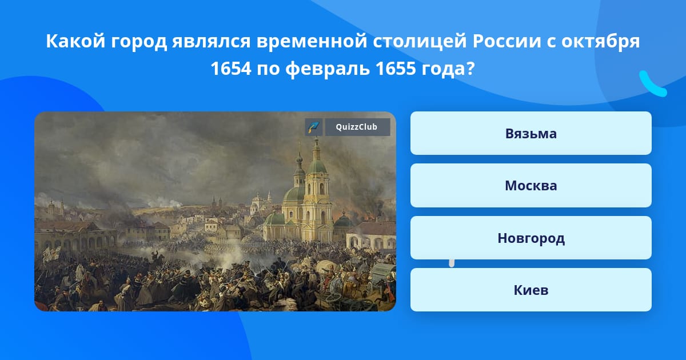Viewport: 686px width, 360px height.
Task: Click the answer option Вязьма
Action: [x=531, y=134]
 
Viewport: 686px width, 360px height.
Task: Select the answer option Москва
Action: [x=531, y=186]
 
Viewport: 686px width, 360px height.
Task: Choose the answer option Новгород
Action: [x=531, y=238]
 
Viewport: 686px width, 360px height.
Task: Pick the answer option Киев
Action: [x=531, y=290]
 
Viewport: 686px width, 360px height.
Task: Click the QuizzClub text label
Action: [x=357, y=127]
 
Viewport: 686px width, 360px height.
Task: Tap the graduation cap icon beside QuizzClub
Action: [x=314, y=127]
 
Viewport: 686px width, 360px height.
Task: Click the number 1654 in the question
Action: [x=230, y=68]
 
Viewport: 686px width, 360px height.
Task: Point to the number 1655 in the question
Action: [x=396, y=68]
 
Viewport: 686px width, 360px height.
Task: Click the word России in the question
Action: [x=507, y=41]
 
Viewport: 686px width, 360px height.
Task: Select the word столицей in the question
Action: [x=420, y=42]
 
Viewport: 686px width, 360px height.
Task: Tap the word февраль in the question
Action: [x=328, y=69]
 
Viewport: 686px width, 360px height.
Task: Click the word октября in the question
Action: [x=601, y=42]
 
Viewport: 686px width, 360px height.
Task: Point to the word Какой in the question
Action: [x=75, y=41]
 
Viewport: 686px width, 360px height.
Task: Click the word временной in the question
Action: [x=312, y=42]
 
